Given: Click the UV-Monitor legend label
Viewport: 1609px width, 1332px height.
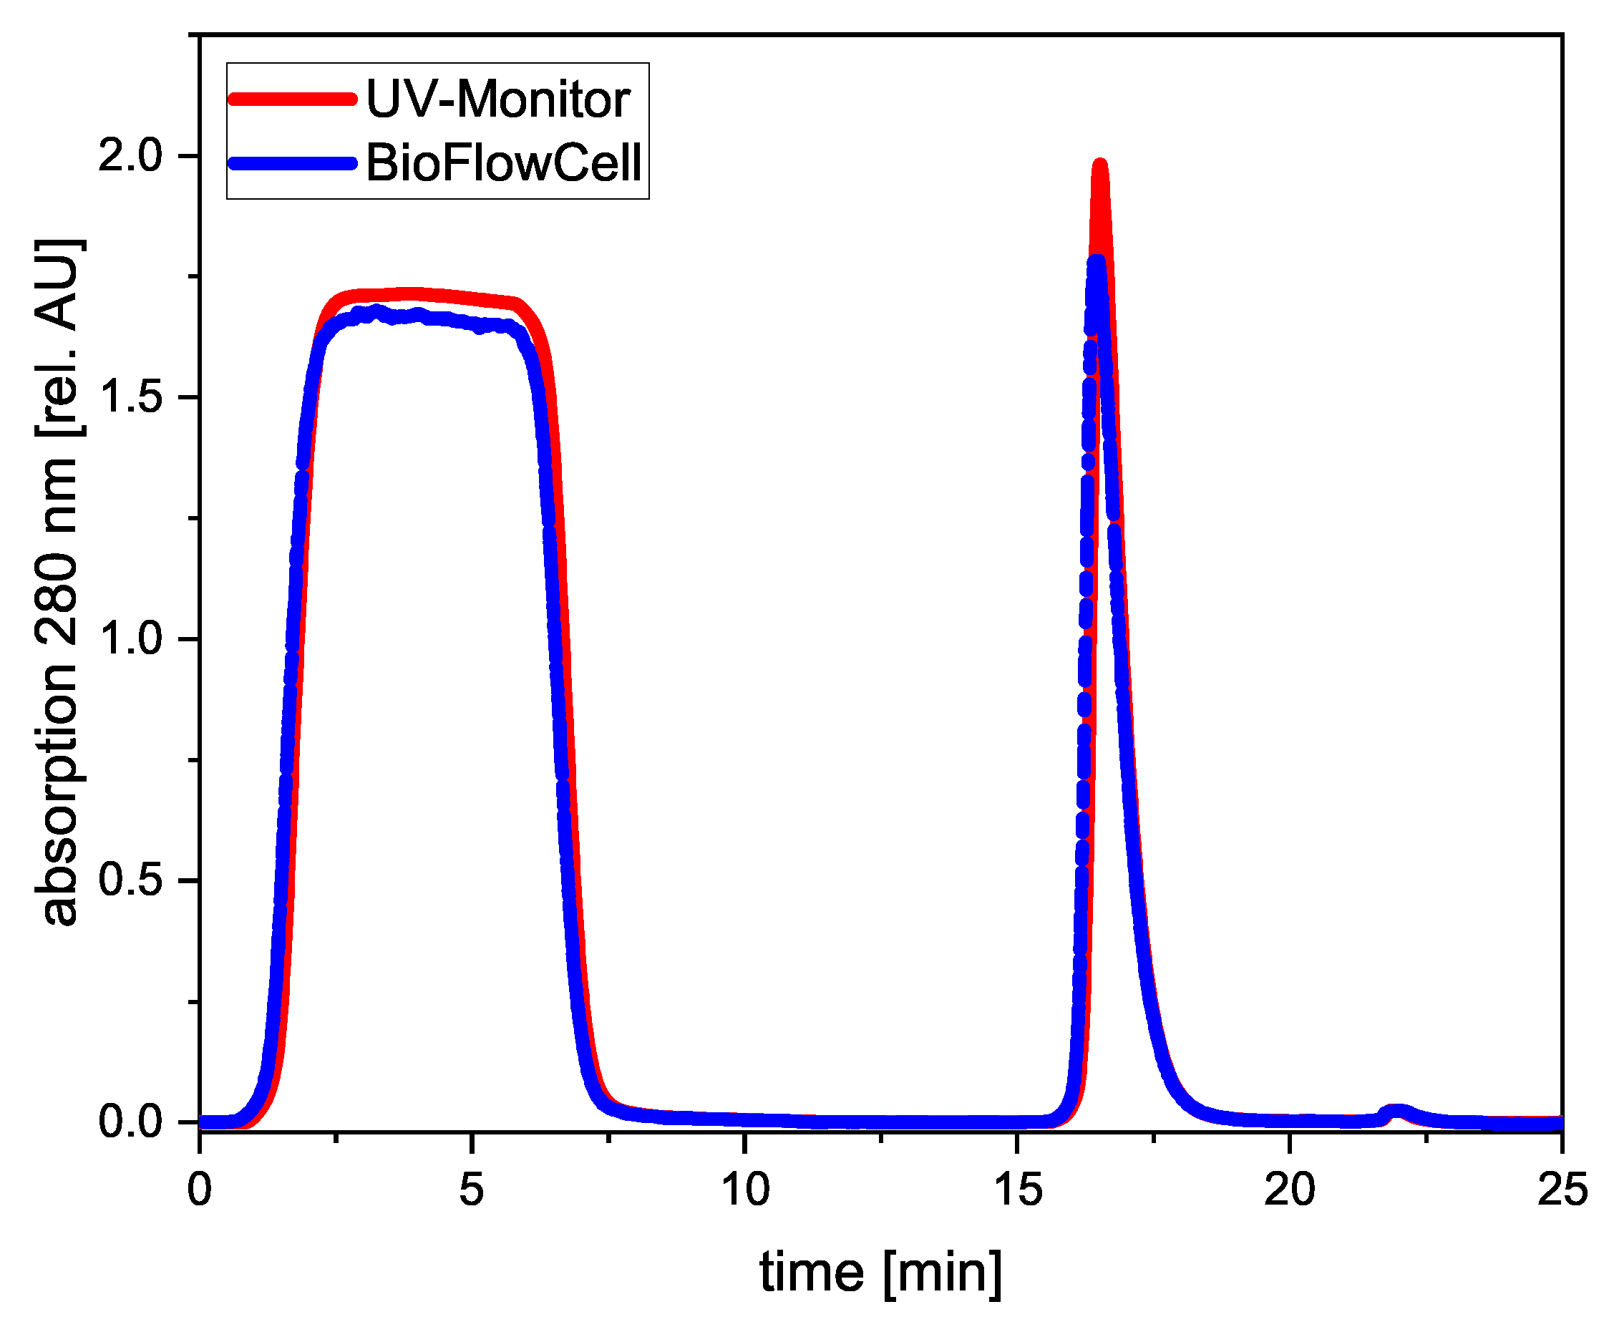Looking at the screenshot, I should pos(497,99).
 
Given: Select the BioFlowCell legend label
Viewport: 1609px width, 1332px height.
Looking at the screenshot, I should pos(503,162).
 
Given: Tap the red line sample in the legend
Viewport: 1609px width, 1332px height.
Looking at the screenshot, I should pos(292,99).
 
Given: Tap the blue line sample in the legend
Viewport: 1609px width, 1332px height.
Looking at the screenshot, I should pos(292,162).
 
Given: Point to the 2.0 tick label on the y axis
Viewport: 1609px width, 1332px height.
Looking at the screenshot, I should pos(130,155).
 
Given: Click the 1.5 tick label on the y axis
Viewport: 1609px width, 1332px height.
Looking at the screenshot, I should pos(130,397).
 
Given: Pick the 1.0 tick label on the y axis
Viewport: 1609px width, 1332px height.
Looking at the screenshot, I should pos(130,638).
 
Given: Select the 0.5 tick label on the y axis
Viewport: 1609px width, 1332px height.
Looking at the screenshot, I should pos(130,880).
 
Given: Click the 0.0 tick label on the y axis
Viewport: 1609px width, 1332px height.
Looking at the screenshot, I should pos(130,1122).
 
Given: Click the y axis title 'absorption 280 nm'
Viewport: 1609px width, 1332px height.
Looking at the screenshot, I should pos(57,583).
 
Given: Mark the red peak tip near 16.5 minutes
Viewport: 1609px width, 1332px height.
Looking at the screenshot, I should pos(1100,165).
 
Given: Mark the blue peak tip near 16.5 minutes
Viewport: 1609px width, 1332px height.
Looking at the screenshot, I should pos(1097,262).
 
